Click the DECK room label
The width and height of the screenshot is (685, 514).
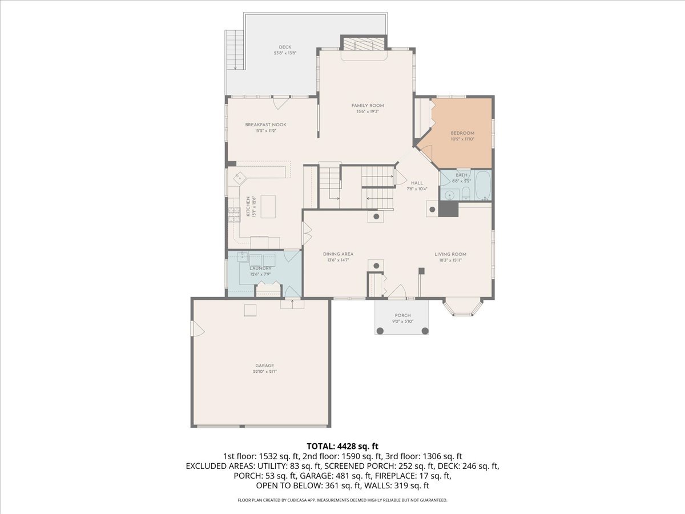[285, 47]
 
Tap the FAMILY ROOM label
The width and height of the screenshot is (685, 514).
[368, 106]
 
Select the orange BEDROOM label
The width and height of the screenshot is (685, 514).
[462, 133]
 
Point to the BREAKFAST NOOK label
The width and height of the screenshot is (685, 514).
[265, 125]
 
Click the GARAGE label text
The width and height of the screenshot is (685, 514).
[264, 366]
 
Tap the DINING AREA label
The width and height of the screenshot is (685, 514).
[338, 254]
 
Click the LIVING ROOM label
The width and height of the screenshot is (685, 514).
[450, 254]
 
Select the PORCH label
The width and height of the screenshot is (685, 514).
[402, 315]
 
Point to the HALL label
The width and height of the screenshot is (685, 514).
[417, 183]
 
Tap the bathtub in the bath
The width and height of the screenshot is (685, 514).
[482, 185]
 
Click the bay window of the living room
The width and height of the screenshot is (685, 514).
[463, 307]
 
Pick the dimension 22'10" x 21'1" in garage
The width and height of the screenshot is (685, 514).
[264, 372]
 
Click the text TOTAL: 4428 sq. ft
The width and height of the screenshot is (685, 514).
[342, 446]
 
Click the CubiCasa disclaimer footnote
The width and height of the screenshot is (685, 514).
[342, 500]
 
